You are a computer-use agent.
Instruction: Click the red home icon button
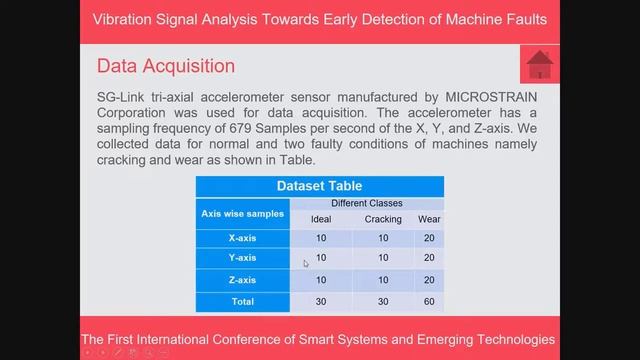pos(539,65)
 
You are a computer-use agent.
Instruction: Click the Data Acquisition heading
pos(166,66)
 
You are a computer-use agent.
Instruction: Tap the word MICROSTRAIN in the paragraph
pos(485,96)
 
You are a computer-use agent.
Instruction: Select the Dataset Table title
pos(319,186)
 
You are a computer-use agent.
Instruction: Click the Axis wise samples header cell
pos(242,213)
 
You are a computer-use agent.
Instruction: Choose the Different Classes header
pos(367,203)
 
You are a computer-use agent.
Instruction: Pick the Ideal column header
pos(321,219)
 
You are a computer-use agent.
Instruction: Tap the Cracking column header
pos(383,219)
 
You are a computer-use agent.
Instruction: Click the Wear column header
pos(429,219)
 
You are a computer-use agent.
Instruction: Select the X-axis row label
pos(242,238)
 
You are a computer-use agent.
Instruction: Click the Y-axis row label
pos(242,258)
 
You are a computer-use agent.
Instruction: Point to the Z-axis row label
pos(242,280)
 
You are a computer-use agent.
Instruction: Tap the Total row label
pos(242,301)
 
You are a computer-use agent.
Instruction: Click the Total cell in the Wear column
pos(429,301)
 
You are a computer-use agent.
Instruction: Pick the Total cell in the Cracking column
pos(383,301)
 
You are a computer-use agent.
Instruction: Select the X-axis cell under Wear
pos(429,238)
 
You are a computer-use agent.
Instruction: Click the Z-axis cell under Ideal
pos(321,280)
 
